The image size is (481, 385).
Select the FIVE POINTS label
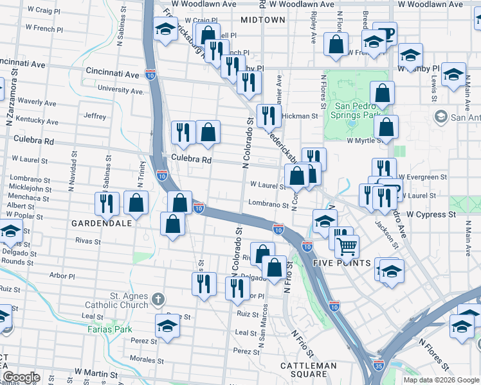coord(342,263)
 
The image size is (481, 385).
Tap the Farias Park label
coord(109,329)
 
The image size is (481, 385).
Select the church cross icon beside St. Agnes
coord(158,299)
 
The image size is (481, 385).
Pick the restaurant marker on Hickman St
coord(268,116)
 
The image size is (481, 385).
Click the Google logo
coord(21,377)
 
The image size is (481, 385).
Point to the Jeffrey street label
coord(95,116)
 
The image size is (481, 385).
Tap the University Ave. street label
coord(120,90)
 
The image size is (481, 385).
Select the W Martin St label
coord(96,372)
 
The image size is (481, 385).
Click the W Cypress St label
coord(431,214)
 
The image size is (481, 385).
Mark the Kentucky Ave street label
coord(37,119)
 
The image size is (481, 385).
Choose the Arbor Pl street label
coord(62,277)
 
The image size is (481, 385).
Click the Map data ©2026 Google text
coord(440,380)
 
